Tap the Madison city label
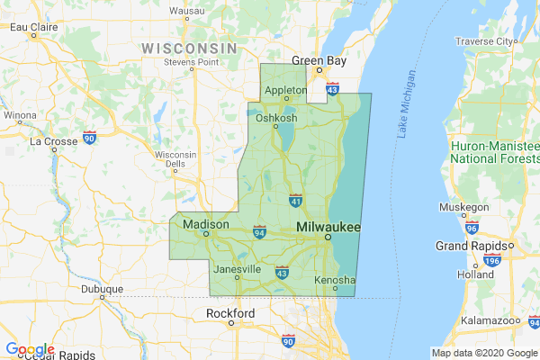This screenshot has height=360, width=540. click(x=202, y=224)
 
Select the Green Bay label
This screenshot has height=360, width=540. click(x=318, y=61)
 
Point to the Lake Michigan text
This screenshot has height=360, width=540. click(x=407, y=104)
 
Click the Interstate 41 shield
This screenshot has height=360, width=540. click(x=295, y=197)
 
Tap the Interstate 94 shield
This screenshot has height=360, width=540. click(x=259, y=232)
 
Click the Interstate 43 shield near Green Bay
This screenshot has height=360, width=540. click(x=333, y=90)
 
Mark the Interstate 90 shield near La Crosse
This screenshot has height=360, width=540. click(x=89, y=137)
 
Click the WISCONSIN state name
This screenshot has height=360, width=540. click(x=189, y=47)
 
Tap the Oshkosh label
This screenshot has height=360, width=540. click(x=276, y=118)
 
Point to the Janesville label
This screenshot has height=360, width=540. click(x=237, y=269)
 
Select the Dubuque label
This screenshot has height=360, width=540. click(x=98, y=290)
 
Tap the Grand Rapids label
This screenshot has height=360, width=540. click(x=473, y=245)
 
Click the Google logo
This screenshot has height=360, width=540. click(x=30, y=349)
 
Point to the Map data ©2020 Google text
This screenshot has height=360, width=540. click(x=483, y=352)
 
